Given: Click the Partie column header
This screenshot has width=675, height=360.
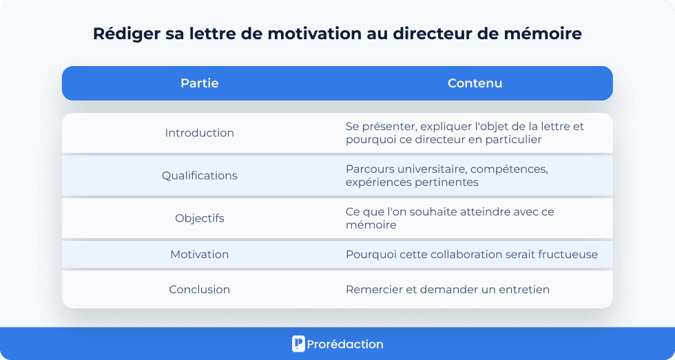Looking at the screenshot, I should point(200,83).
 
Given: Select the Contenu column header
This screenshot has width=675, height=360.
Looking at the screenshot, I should point(475,83).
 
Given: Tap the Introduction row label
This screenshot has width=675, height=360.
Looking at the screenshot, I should point(200,133).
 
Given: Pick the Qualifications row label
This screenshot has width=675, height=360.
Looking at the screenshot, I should point(200,176).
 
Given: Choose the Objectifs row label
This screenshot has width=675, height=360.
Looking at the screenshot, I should point(200,218).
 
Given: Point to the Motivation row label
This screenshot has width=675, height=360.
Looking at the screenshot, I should point(200,254).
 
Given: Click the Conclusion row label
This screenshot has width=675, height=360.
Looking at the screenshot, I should point(200,290).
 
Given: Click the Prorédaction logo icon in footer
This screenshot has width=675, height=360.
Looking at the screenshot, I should point(298,344).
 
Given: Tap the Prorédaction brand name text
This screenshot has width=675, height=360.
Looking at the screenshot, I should point(346,344).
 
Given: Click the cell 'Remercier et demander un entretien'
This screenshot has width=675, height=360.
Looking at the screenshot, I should point(448,290).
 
